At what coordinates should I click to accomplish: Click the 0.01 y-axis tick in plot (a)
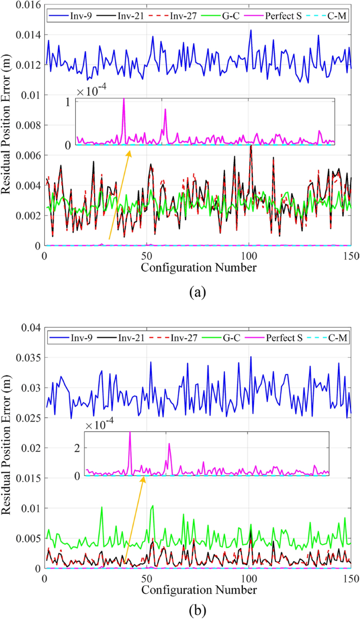[30, 95]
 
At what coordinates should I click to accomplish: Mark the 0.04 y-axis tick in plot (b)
[30, 328]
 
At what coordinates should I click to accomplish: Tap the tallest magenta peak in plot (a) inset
[124, 100]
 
